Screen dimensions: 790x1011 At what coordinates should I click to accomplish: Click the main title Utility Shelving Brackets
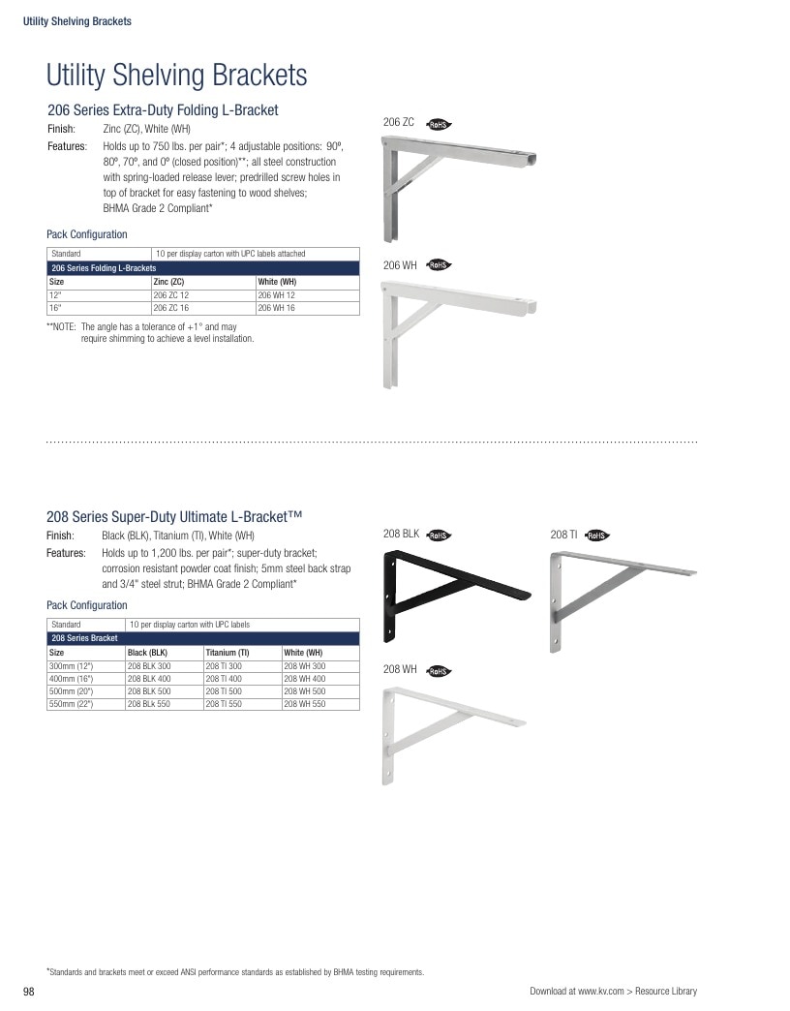(x=176, y=75)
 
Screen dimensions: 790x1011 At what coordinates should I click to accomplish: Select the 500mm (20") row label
(x=71, y=691)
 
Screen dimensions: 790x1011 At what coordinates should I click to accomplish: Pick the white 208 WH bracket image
(x=454, y=736)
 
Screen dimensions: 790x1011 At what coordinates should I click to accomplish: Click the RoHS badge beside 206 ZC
(x=439, y=125)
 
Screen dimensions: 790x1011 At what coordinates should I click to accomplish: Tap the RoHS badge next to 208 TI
(x=596, y=536)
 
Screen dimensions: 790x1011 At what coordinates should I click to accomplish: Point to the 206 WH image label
(x=400, y=265)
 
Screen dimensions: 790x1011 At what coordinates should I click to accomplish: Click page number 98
(x=29, y=992)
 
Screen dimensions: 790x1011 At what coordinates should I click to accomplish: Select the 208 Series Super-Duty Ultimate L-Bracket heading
(x=174, y=516)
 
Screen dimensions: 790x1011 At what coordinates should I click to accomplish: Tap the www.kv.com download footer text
(x=614, y=991)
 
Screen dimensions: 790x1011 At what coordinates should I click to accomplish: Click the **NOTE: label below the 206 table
(x=61, y=327)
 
